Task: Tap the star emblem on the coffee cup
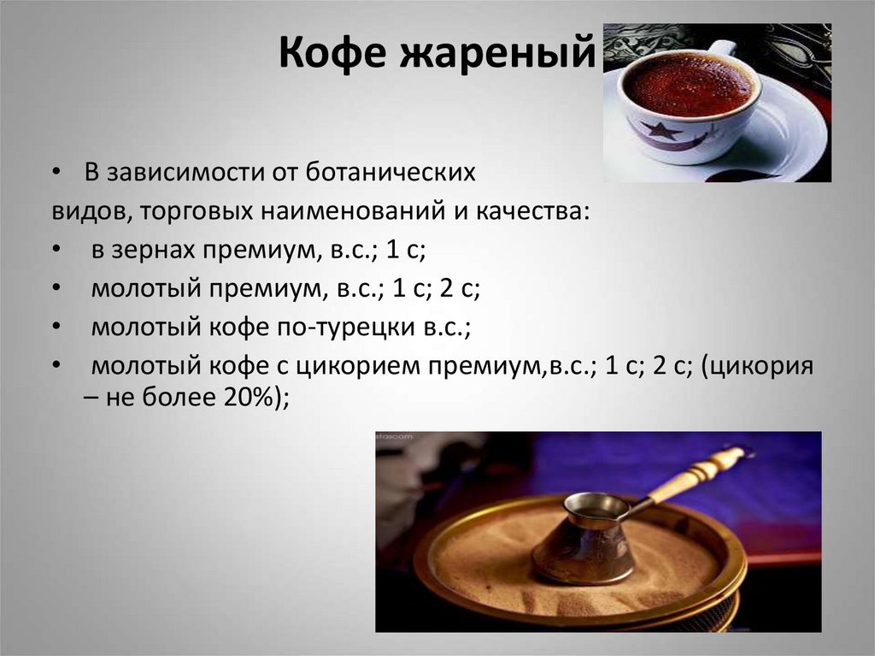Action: click(659, 130)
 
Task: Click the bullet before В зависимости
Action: click(56, 172)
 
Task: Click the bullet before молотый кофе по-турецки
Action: click(56, 328)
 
